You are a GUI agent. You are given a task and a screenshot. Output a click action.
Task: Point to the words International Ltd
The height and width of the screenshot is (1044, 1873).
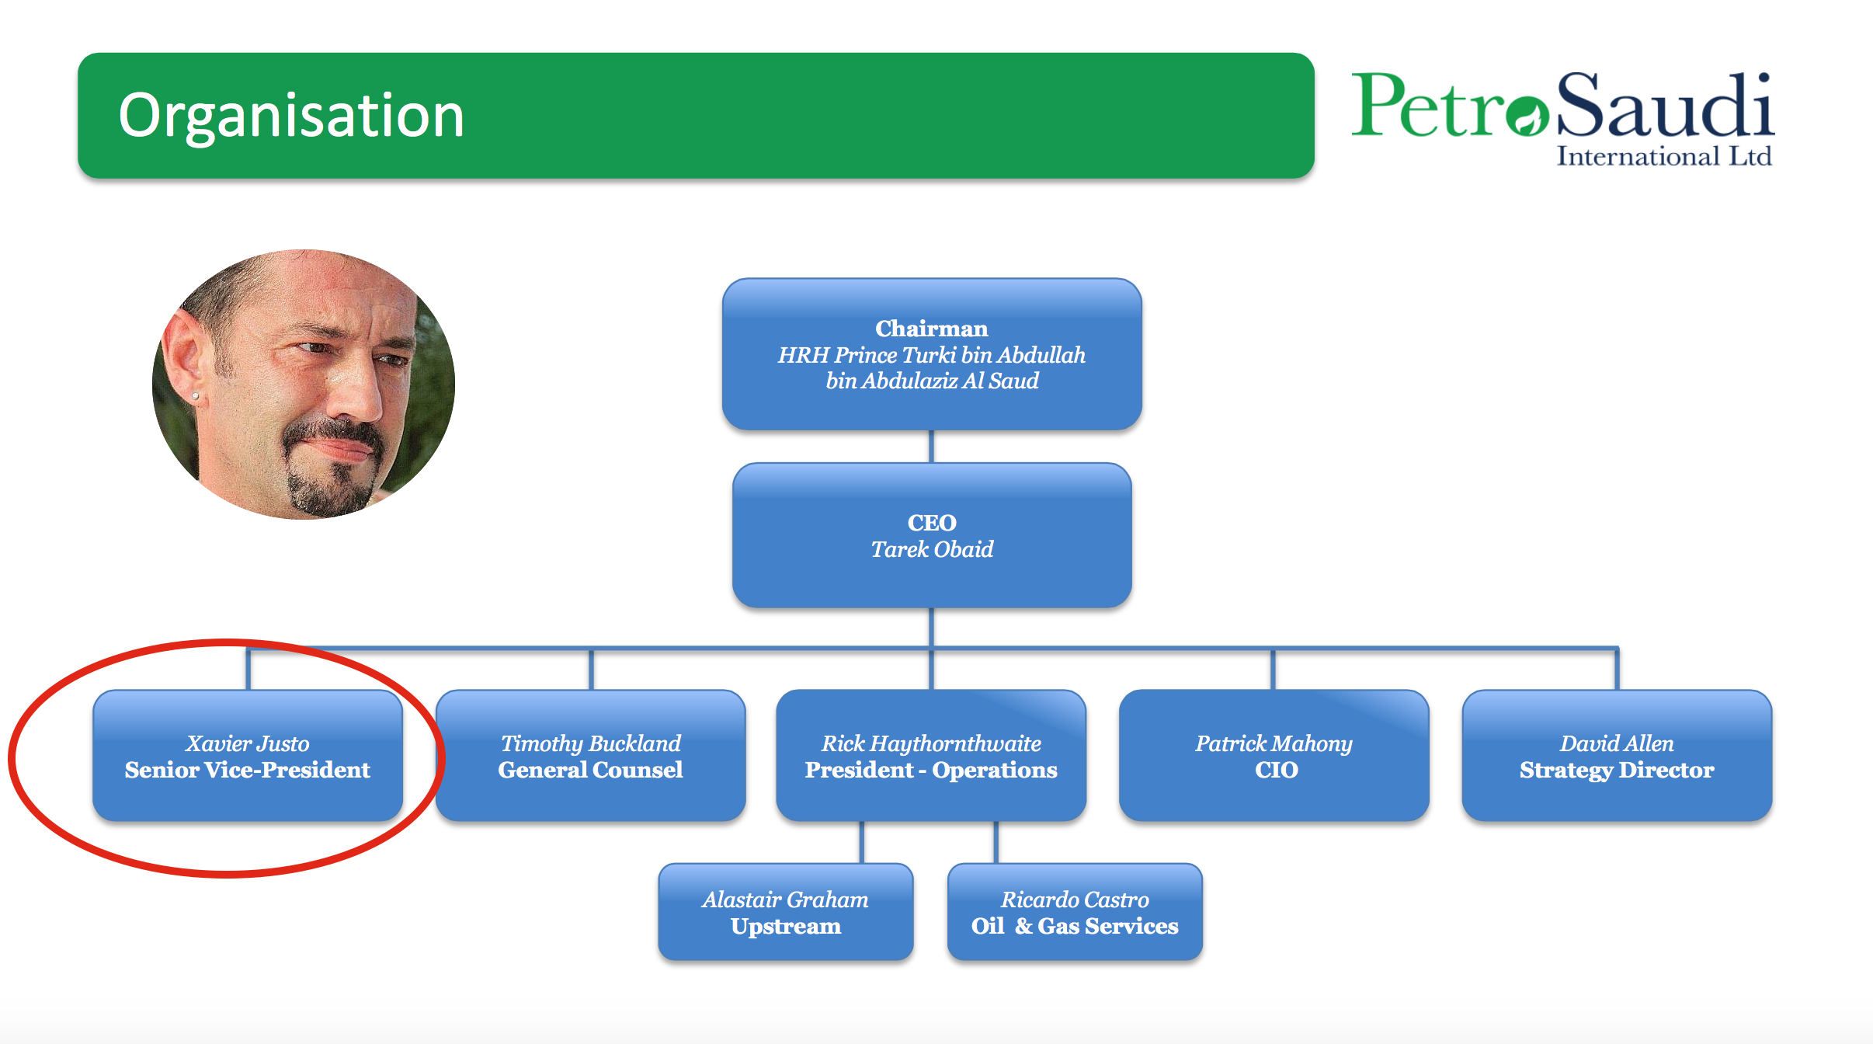tap(1664, 156)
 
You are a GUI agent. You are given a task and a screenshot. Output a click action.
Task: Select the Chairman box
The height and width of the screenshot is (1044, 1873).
tap(932, 354)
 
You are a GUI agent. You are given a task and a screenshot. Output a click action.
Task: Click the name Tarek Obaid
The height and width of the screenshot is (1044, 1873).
tap(932, 549)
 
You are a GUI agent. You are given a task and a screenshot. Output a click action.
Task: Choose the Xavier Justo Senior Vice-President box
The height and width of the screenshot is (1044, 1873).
tap(248, 756)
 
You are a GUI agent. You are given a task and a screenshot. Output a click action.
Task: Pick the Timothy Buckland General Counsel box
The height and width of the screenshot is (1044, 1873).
tap(591, 756)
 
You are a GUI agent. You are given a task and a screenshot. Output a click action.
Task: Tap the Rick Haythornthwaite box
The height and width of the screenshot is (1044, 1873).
tap(931, 756)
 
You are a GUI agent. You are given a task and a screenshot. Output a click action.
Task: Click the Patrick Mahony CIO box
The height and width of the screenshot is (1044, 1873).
tap(1274, 756)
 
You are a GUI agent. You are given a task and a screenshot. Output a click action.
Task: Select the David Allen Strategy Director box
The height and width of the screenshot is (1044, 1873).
tap(1617, 756)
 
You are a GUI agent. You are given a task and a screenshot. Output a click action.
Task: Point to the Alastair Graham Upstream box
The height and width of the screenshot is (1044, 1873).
tap(786, 912)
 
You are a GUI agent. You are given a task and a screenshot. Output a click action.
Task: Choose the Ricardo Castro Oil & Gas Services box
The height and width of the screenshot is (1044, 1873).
tap(1075, 912)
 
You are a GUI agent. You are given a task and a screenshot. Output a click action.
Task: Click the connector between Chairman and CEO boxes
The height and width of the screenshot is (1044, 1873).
tap(931, 447)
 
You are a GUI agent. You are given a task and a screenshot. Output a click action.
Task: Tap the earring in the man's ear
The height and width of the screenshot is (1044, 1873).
tap(195, 396)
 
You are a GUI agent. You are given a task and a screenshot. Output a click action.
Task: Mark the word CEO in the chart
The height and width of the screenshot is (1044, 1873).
tap(932, 523)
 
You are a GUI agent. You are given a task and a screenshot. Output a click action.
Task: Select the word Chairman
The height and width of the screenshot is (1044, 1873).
tap(932, 329)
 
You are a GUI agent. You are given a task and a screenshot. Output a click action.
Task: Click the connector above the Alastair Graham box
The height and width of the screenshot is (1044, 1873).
tap(862, 842)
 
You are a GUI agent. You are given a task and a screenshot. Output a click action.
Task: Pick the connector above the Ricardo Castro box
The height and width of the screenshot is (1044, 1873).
tap(996, 842)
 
